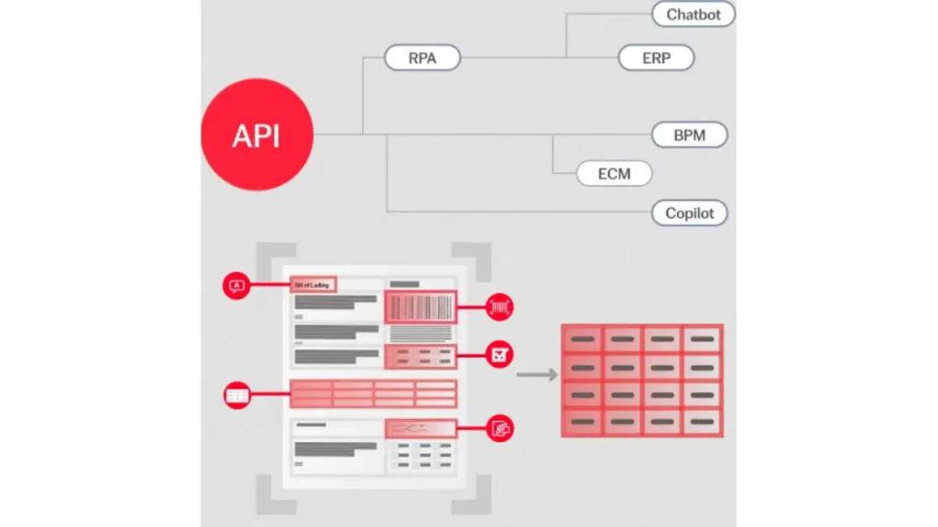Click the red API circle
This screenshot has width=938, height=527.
(256, 135)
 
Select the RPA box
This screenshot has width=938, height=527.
(421, 59)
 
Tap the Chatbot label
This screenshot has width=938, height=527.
(693, 14)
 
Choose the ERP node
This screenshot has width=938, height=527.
(656, 59)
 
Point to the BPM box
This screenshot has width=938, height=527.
(690, 135)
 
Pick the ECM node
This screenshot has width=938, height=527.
(615, 173)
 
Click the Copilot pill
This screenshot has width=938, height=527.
(690, 213)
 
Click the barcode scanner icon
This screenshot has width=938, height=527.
(499, 307)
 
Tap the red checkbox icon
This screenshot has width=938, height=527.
(499, 354)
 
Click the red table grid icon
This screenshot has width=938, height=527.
(237, 395)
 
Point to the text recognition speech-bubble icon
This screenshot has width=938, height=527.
(237, 285)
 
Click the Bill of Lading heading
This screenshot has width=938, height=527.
(313, 285)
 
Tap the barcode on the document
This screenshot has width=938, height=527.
(420, 307)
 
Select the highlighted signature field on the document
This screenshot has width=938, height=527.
(420, 427)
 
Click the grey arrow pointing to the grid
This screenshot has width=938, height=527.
(538, 374)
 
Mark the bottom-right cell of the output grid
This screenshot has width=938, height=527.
(702, 421)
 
